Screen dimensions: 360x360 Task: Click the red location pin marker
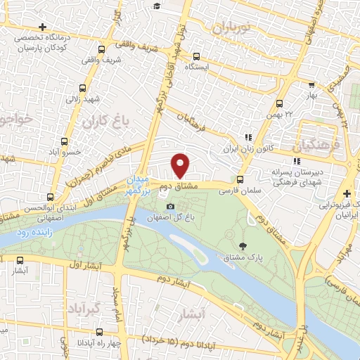click(181, 165)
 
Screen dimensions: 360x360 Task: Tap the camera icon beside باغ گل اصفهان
click(169, 206)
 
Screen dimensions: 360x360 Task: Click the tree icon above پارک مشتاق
click(243, 246)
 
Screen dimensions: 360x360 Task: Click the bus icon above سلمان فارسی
click(240, 179)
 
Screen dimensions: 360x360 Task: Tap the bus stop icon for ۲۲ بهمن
click(280, 103)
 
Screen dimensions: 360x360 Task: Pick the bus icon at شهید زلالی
click(83, 89)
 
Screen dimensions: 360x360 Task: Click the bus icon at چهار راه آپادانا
click(98, 331)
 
